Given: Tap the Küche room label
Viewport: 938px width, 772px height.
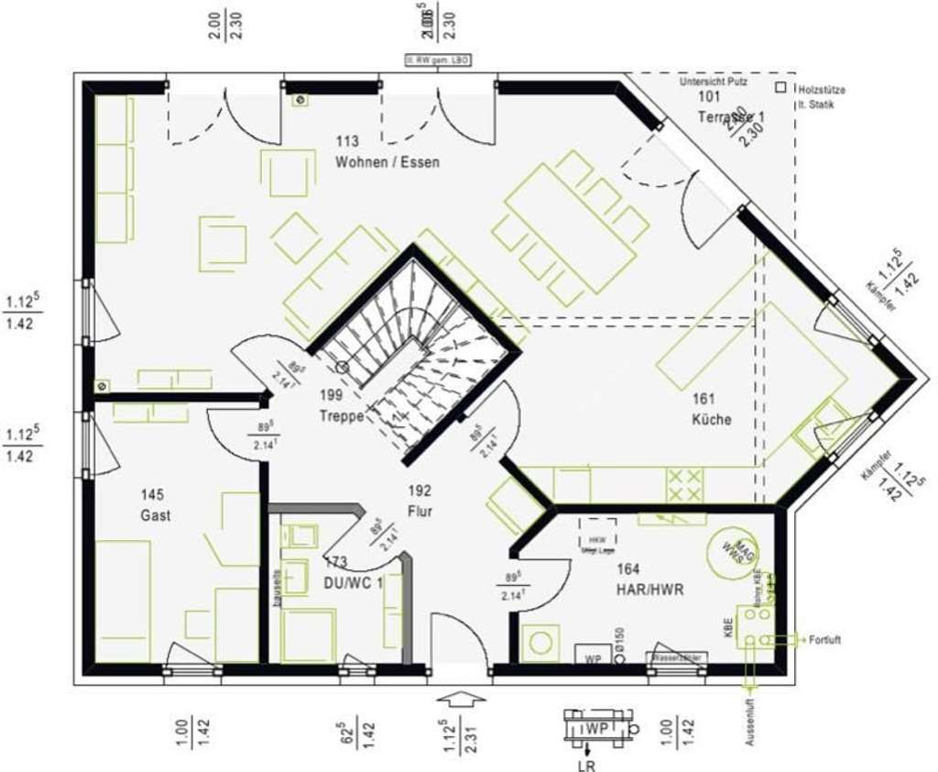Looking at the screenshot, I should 712,420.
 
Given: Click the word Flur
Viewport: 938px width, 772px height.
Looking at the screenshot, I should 420,512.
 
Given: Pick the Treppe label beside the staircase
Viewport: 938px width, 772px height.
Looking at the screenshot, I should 342,415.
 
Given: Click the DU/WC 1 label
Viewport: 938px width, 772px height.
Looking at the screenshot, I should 353,582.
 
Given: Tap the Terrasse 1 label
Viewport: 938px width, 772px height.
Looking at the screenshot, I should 730,117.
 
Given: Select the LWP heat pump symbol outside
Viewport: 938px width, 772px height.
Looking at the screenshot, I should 597,728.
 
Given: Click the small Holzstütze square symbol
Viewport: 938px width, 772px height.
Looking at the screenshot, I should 780,88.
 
